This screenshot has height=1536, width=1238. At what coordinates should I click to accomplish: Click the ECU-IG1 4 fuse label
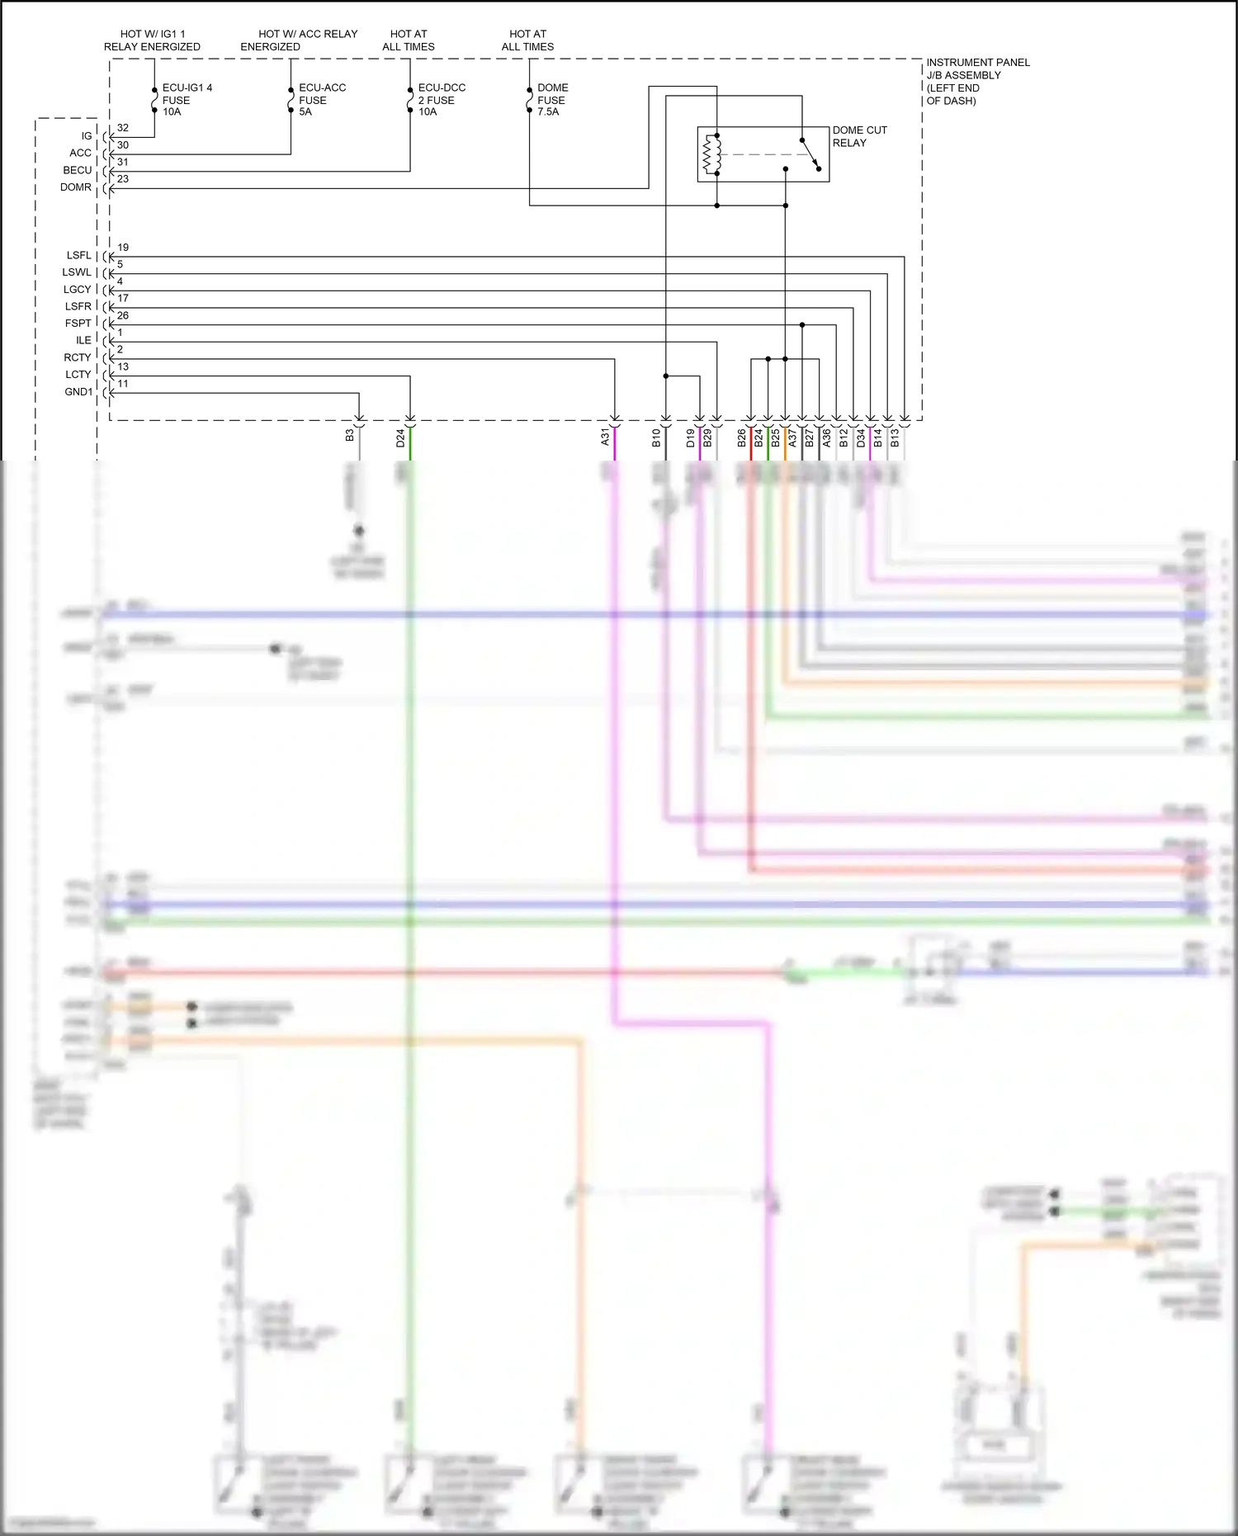click(187, 99)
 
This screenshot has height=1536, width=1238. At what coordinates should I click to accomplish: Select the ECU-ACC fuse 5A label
click(322, 99)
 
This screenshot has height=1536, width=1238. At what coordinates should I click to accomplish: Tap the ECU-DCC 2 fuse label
click(442, 99)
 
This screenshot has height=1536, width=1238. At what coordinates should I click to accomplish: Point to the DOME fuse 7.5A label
click(552, 99)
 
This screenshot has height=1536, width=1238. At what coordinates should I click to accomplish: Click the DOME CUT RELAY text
click(859, 136)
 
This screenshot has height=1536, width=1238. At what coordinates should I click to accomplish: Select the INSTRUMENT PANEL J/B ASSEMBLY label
click(977, 81)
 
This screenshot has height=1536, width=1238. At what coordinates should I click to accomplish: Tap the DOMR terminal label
click(75, 187)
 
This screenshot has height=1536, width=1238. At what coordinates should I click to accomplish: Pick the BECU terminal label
click(78, 170)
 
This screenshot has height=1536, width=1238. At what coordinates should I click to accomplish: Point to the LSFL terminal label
click(79, 256)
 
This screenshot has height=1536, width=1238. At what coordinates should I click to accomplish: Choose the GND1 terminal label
click(78, 392)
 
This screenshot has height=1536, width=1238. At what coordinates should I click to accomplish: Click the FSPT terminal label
click(78, 324)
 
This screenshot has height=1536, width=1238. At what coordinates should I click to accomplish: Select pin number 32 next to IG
click(123, 128)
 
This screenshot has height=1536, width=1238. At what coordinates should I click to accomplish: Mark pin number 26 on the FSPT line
click(123, 315)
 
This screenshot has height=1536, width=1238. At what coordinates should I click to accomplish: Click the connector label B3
click(350, 435)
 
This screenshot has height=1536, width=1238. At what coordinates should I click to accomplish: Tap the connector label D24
click(400, 438)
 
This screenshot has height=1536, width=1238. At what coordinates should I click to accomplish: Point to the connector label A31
click(605, 437)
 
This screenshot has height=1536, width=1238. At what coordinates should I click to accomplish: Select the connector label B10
click(656, 438)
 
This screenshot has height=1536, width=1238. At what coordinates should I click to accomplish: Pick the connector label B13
click(895, 438)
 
